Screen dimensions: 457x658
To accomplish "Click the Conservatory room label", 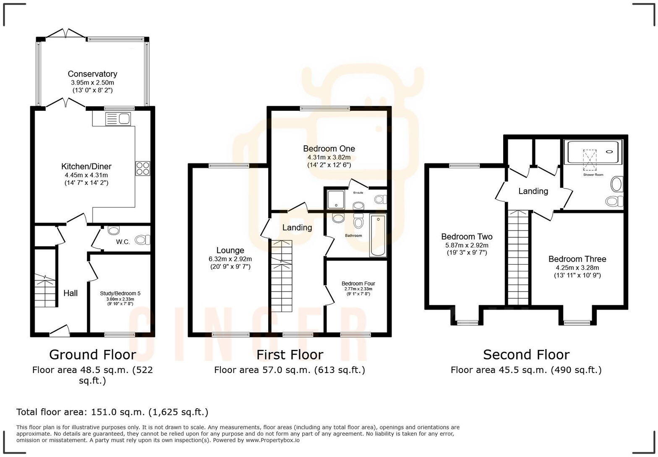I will [92, 74].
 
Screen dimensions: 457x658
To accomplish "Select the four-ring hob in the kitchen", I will [142, 168].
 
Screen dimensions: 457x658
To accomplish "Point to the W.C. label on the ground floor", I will [123, 242].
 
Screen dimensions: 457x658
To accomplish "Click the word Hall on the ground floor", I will [70, 293].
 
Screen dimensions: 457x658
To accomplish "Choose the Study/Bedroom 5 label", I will [120, 294].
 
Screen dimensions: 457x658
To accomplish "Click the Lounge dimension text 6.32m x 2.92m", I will [230, 259].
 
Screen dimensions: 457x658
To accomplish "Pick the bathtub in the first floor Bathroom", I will [378, 235].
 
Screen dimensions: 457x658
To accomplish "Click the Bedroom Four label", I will [358, 284].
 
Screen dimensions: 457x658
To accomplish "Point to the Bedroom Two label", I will [467, 236].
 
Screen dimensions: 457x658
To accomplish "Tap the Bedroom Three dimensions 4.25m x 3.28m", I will [577, 268].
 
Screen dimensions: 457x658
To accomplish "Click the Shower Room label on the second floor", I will [593, 175].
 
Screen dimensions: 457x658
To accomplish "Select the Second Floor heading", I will [526, 355].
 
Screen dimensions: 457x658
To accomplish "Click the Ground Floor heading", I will [92, 355].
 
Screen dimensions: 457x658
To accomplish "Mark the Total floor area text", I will [112, 412].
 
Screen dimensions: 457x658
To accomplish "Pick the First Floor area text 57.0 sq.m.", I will [289, 370].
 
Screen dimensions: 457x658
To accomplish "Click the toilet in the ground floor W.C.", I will [143, 240].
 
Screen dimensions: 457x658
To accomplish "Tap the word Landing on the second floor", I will [533, 192].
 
